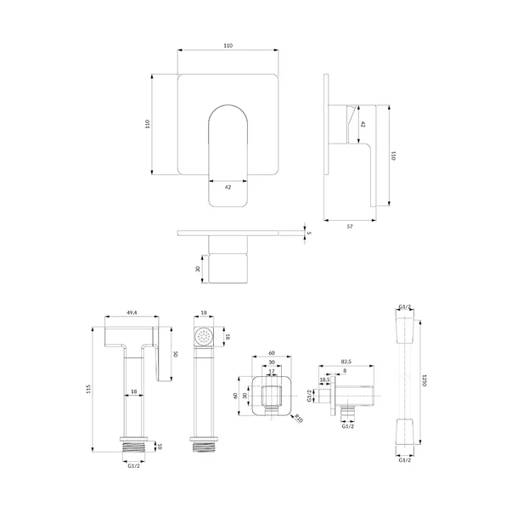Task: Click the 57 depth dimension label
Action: click(349, 227)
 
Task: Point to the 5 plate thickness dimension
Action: click(309, 233)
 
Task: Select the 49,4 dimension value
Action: click(132, 312)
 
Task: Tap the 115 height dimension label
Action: click(88, 389)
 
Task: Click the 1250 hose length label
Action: click(425, 380)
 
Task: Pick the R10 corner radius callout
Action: click(299, 418)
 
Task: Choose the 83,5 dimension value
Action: click(346, 362)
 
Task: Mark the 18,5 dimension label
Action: click(324, 380)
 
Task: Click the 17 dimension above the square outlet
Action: click(272, 371)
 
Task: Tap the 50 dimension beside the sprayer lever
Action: click(175, 353)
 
